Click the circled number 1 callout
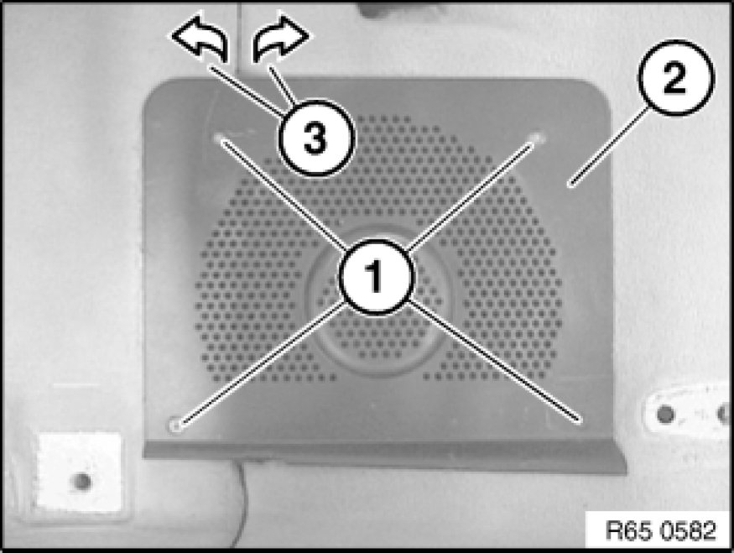click(x=377, y=276)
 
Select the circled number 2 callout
click(x=675, y=78)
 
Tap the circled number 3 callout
click(x=316, y=138)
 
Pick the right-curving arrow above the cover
click(x=280, y=39)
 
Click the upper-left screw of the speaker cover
click(x=220, y=138)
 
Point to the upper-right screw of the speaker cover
click(x=537, y=138)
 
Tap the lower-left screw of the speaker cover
click(x=175, y=425)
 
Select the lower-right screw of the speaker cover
click(x=580, y=420)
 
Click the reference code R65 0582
click(x=660, y=530)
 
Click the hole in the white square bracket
click(x=82, y=481)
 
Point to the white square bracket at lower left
click(x=80, y=472)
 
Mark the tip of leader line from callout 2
click(x=570, y=186)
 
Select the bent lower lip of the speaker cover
click(x=385, y=457)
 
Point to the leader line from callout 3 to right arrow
click(x=282, y=86)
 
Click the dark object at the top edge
click(x=389, y=9)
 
